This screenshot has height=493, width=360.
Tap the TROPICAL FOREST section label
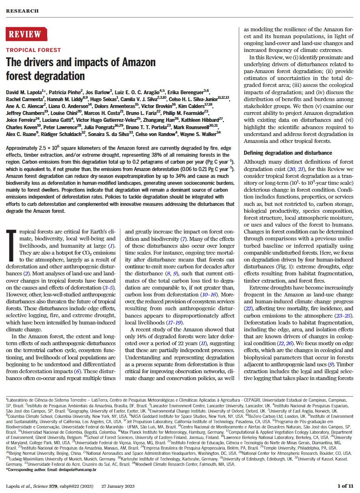click(33, 50)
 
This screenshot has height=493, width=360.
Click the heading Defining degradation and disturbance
click(288, 153)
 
